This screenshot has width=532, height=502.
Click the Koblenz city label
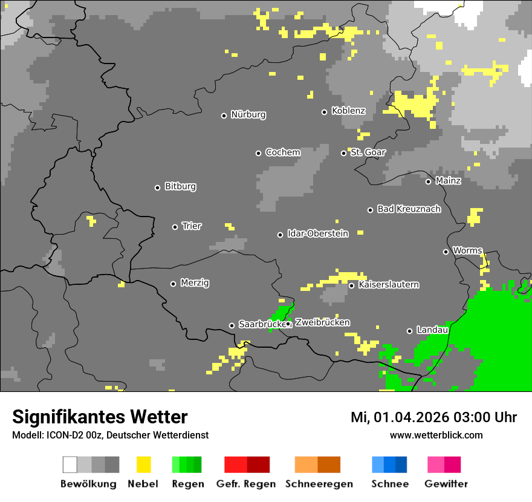pyautogui.click(x=348, y=111)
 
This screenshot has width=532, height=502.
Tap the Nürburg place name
pyautogui.click(x=248, y=114)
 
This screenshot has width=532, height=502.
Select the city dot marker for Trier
pyautogui.click(x=175, y=227)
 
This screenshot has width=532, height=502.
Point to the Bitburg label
pyautogui.click(x=180, y=186)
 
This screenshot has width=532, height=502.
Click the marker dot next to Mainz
pyautogui.click(x=429, y=181)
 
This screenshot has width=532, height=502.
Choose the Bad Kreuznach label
pyautogui.click(x=409, y=209)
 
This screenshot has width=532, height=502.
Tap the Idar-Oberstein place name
pyautogui.click(x=317, y=233)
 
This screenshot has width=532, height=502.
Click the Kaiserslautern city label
pyautogui.click(x=388, y=284)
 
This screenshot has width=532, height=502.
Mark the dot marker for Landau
pyautogui.click(x=410, y=331)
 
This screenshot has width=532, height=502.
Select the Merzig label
pyautogui.click(x=195, y=282)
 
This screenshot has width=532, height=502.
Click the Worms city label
pyautogui.click(x=467, y=250)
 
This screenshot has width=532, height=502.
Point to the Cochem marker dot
pyautogui.click(x=258, y=153)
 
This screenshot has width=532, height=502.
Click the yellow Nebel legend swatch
pyautogui.click(x=143, y=465)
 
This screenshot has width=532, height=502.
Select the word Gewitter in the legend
pyautogui.click(x=446, y=484)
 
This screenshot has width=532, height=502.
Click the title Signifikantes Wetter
pyautogui.click(x=100, y=417)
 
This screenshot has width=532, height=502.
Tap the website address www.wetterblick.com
pyautogui.click(x=436, y=435)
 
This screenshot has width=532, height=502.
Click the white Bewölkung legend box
pyautogui.click(x=70, y=465)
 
